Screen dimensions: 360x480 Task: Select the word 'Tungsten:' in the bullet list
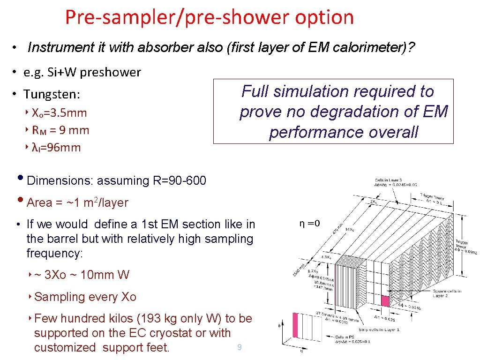coord(52,94)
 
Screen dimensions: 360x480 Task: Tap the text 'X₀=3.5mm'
coord(60,112)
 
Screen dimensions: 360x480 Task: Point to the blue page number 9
coord(239,347)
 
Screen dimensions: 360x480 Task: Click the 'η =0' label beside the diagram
coord(309,223)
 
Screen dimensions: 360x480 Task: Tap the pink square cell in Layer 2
coord(385,301)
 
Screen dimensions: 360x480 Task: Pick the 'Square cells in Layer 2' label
coord(446,293)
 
